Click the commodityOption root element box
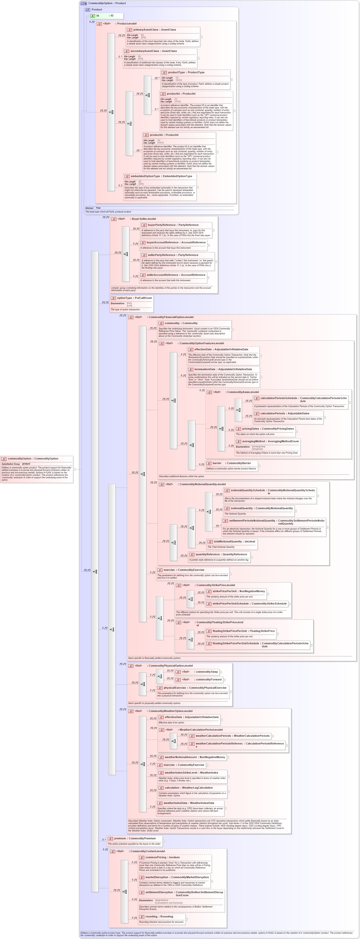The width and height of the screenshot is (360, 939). coord(33,458)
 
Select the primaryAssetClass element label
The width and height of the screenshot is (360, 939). coord(155,30)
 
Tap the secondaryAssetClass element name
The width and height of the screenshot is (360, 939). coord(153,51)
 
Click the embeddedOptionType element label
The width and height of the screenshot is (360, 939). coord(161,176)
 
